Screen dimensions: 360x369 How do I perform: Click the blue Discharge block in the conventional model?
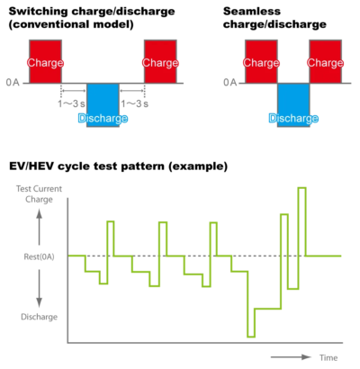(x=103, y=105)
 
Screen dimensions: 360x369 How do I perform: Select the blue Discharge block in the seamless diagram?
(x=293, y=105)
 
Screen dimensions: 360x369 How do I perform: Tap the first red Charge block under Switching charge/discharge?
(x=45, y=61)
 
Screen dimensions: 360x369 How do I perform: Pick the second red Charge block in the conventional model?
(x=160, y=61)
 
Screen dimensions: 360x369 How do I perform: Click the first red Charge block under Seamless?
(x=261, y=61)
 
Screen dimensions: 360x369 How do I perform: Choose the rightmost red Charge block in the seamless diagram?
(x=326, y=61)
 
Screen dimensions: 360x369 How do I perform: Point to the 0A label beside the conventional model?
(x=13, y=82)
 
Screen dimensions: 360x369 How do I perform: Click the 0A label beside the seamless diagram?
(x=230, y=82)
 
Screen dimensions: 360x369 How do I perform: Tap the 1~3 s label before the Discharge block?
(x=71, y=103)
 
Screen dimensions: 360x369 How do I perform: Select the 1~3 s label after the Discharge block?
(x=135, y=103)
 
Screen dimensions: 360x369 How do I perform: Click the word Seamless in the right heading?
(x=252, y=12)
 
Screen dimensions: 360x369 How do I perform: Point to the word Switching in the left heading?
(x=38, y=12)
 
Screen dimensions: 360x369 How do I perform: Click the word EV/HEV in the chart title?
(x=31, y=166)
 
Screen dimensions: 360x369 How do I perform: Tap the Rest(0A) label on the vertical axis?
(x=40, y=256)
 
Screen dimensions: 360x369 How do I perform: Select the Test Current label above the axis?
(x=39, y=189)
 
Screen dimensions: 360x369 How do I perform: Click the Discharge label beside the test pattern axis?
(x=39, y=317)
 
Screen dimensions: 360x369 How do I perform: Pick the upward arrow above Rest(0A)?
(x=40, y=227)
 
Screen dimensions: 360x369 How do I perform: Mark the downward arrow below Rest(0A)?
(x=40, y=288)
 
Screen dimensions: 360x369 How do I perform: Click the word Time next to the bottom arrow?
(x=328, y=357)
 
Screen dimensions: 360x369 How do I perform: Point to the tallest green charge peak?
(x=302, y=188)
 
